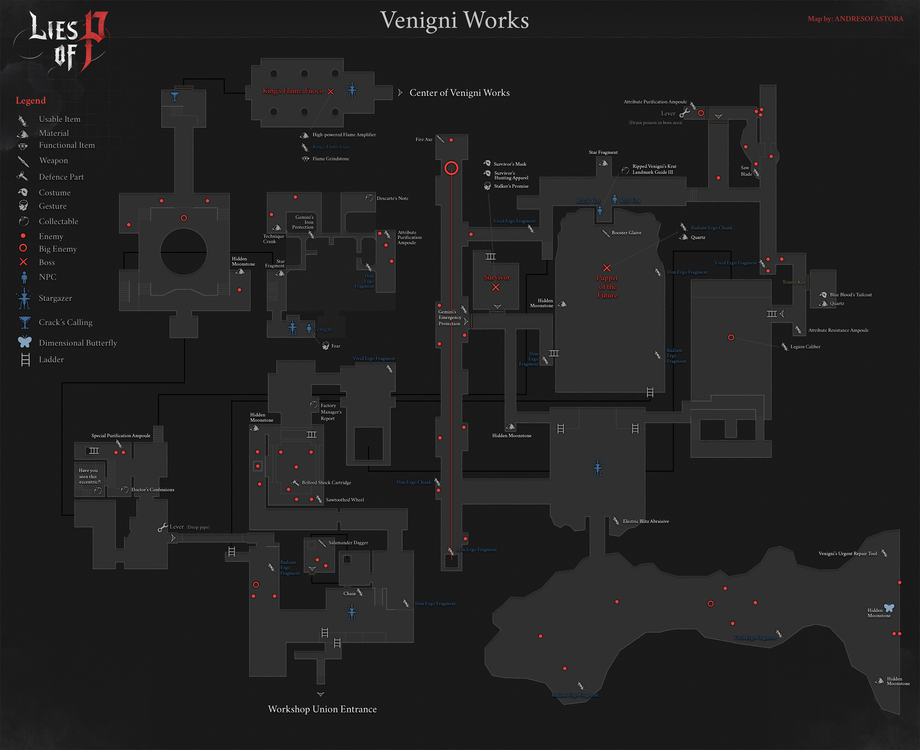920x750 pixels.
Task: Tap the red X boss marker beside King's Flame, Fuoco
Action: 331,92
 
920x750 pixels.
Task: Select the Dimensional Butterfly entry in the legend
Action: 78,343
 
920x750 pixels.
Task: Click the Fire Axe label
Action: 423,140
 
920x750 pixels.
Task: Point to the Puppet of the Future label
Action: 607,287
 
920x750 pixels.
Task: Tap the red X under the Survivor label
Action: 496,287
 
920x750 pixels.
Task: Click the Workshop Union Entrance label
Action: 322,709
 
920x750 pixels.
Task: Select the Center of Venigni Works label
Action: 459,93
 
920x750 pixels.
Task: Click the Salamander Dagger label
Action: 348,543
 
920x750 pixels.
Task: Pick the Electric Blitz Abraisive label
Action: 646,521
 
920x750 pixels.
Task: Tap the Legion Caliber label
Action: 805,347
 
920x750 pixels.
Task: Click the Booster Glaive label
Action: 626,233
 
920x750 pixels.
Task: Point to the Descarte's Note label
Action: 392,199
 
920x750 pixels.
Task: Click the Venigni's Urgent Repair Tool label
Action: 847,554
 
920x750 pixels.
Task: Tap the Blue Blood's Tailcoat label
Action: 850,295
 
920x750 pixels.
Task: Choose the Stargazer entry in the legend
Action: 55,299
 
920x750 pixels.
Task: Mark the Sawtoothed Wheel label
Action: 345,500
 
